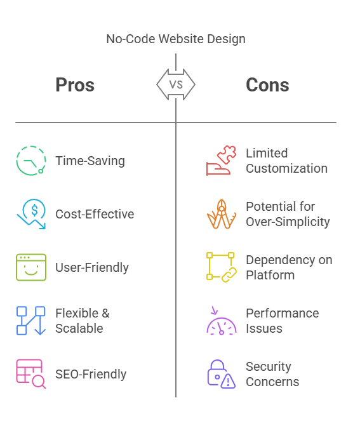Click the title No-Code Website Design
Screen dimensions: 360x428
coord(176,39)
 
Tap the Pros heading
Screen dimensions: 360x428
coord(75,84)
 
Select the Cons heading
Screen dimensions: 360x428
coord(267,84)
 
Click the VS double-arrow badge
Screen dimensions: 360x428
coord(176,84)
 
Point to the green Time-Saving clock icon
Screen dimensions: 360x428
coord(31,161)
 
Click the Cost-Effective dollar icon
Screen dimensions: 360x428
coord(31,214)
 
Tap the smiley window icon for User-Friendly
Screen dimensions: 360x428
coord(31,267)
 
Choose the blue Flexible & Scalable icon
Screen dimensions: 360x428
coord(31,321)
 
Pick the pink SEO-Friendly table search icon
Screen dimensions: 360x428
coord(31,373)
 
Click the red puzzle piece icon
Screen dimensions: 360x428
coord(222,161)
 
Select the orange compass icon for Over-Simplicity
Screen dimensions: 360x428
coord(222,214)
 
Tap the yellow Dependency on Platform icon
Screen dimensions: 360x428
coord(222,267)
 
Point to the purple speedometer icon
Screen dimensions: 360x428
coord(222,321)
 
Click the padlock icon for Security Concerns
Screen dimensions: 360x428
coord(222,374)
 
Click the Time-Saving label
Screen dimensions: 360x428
coord(90,161)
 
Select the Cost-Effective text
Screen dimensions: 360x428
coord(95,214)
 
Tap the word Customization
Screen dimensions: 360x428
coord(286,168)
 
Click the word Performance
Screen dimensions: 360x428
coord(282,313)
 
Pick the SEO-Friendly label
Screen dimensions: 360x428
coord(91,374)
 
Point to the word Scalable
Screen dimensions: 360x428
coord(79,328)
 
